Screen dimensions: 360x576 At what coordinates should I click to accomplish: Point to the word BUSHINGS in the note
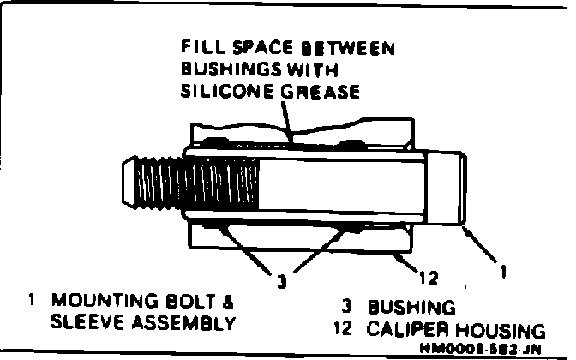coord(225,70)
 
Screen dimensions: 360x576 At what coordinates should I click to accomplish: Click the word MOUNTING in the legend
coord(97,303)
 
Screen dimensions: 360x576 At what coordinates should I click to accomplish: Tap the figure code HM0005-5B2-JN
coord(482,348)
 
